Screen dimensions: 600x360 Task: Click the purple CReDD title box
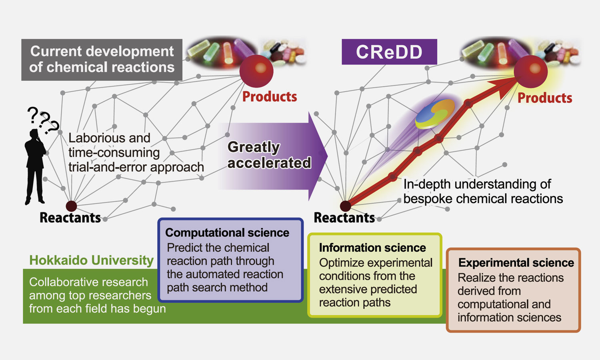[389, 52]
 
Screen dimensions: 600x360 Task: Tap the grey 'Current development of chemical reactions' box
[102, 60]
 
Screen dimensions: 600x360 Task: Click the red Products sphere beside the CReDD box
[531, 72]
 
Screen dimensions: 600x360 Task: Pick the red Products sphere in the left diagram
[256, 71]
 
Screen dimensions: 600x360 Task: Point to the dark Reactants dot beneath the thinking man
[71, 206]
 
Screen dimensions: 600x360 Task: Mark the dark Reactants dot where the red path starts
[346, 206]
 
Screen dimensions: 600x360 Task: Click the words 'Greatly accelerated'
[269, 155]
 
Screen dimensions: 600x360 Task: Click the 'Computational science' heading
[227, 232]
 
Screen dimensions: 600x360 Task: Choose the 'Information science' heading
[372, 248]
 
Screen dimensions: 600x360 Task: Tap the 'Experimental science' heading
[516, 262]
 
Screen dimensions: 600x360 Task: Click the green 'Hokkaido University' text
[91, 260]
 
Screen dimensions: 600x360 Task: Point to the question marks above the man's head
[43, 120]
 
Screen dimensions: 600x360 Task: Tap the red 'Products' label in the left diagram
[270, 96]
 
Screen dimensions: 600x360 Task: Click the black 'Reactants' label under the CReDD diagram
[344, 218]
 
